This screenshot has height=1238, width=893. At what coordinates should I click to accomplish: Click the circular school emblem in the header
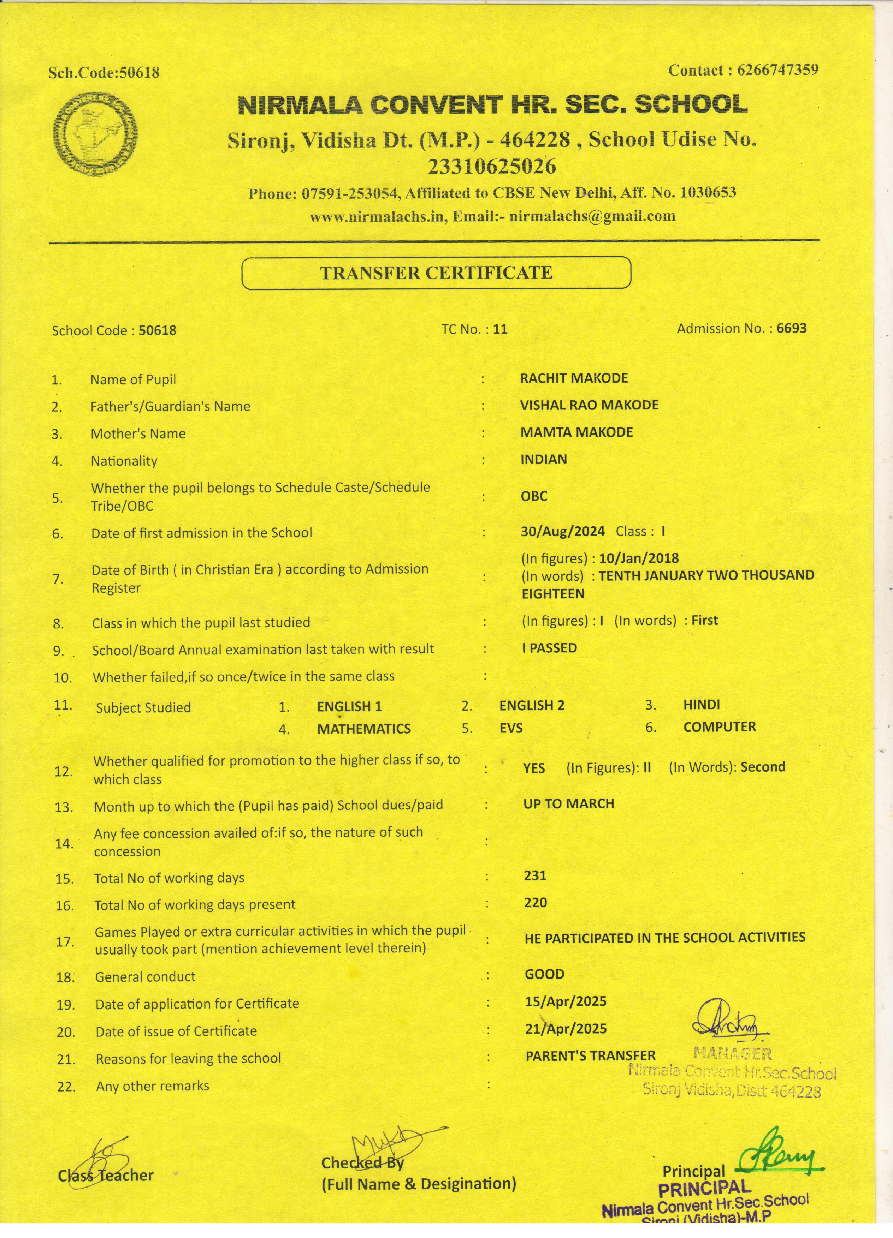point(96,134)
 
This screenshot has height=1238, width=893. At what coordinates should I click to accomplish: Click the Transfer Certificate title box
point(436,273)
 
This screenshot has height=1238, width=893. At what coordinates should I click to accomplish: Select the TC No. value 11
point(500,329)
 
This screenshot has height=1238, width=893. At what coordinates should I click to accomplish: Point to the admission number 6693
point(791,328)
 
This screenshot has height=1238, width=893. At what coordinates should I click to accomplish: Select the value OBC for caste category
point(534,496)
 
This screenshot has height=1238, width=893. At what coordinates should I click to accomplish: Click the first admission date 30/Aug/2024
point(563,531)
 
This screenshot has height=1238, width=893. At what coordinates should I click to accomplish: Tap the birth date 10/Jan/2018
point(638,558)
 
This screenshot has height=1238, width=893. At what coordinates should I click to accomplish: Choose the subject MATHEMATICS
point(364,729)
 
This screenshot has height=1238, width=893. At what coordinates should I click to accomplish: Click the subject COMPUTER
point(719,726)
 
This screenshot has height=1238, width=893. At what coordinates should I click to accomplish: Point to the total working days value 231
point(535,875)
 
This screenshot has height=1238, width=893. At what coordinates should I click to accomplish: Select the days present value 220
point(535,902)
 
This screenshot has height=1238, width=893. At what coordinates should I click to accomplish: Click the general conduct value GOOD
point(545,974)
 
